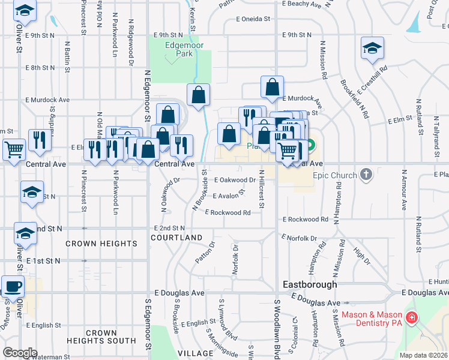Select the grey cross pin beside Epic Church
[x=366, y=175]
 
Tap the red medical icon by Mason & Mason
[x=412, y=319]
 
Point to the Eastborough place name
[x=310, y=284]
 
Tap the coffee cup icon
[x=13, y=286]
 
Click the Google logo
[x=20, y=353]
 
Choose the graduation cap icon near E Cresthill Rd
[x=372, y=48]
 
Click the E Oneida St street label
[x=253, y=19]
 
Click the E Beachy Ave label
[x=303, y=4]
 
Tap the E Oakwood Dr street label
[x=234, y=180]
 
